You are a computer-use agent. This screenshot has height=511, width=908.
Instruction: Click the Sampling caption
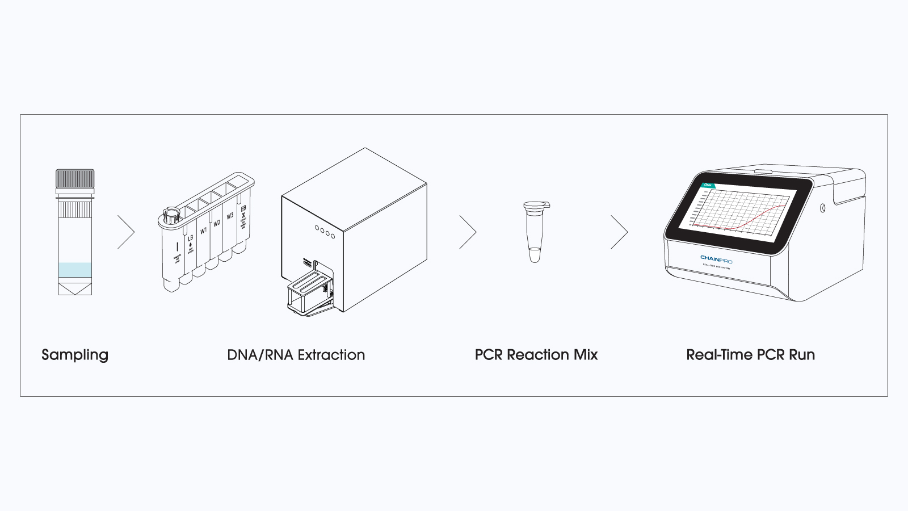pyautogui.click(x=75, y=355)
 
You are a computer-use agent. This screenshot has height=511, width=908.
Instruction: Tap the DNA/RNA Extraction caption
pyautogui.click(x=296, y=355)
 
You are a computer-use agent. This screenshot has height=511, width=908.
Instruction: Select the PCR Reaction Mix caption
pyautogui.click(x=536, y=355)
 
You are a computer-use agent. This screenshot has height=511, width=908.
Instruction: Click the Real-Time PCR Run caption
pyautogui.click(x=750, y=355)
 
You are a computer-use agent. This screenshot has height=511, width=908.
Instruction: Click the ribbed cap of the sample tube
pyautogui.click(x=75, y=178)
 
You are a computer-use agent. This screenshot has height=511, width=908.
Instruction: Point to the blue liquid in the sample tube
pyautogui.click(x=75, y=270)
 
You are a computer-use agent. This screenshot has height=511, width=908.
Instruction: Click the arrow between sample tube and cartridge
pyautogui.click(x=127, y=232)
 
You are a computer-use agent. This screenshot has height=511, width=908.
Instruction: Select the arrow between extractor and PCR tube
pyautogui.click(x=468, y=232)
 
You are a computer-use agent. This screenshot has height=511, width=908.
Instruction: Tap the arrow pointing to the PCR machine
pyautogui.click(x=620, y=232)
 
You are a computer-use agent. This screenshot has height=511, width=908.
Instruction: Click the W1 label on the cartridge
pyautogui.click(x=203, y=231)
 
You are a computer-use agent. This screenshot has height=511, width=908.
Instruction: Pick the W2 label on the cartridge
pyautogui.click(x=217, y=224)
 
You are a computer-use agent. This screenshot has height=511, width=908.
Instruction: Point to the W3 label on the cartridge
pyautogui.click(x=230, y=216)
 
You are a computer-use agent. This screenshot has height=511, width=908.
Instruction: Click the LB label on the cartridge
pyautogui.click(x=190, y=238)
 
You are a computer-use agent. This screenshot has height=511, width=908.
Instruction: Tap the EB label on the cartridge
pyautogui.click(x=243, y=209)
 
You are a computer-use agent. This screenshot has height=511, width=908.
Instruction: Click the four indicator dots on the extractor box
pyautogui.click(x=325, y=232)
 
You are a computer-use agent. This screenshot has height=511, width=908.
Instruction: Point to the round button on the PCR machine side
pyautogui.click(x=822, y=208)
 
